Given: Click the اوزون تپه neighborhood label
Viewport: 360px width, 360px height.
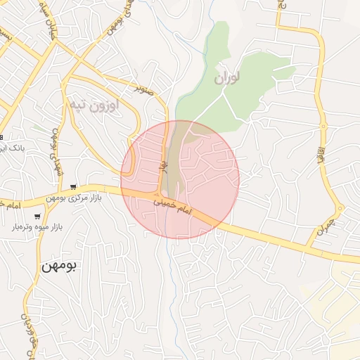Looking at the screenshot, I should (x=94, y=104).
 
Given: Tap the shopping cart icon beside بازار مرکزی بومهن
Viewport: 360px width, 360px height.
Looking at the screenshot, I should (x=74, y=187).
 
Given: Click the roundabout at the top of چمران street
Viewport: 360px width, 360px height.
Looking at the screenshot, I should (x=340, y=208).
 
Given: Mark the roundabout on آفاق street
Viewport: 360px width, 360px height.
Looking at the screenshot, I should (x=323, y=127).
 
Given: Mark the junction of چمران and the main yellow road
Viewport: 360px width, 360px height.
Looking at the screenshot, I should (x=309, y=245).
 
